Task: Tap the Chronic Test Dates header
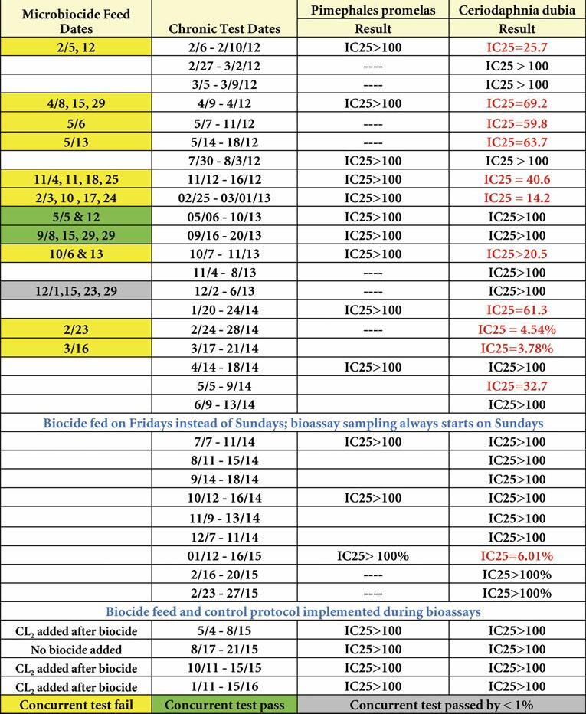(x=224, y=29)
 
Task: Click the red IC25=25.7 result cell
(x=517, y=47)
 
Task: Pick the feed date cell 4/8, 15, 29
(x=76, y=103)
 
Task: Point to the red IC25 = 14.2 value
(x=517, y=198)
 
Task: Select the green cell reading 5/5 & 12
(x=76, y=217)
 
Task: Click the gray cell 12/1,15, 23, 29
(x=76, y=292)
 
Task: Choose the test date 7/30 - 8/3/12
(x=224, y=161)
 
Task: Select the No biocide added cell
(x=76, y=649)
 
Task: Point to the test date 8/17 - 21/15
(x=224, y=649)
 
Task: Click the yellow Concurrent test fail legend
(x=76, y=705)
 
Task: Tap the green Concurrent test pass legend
(x=224, y=705)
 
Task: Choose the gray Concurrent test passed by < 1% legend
(x=441, y=705)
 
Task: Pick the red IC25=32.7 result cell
(x=517, y=386)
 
